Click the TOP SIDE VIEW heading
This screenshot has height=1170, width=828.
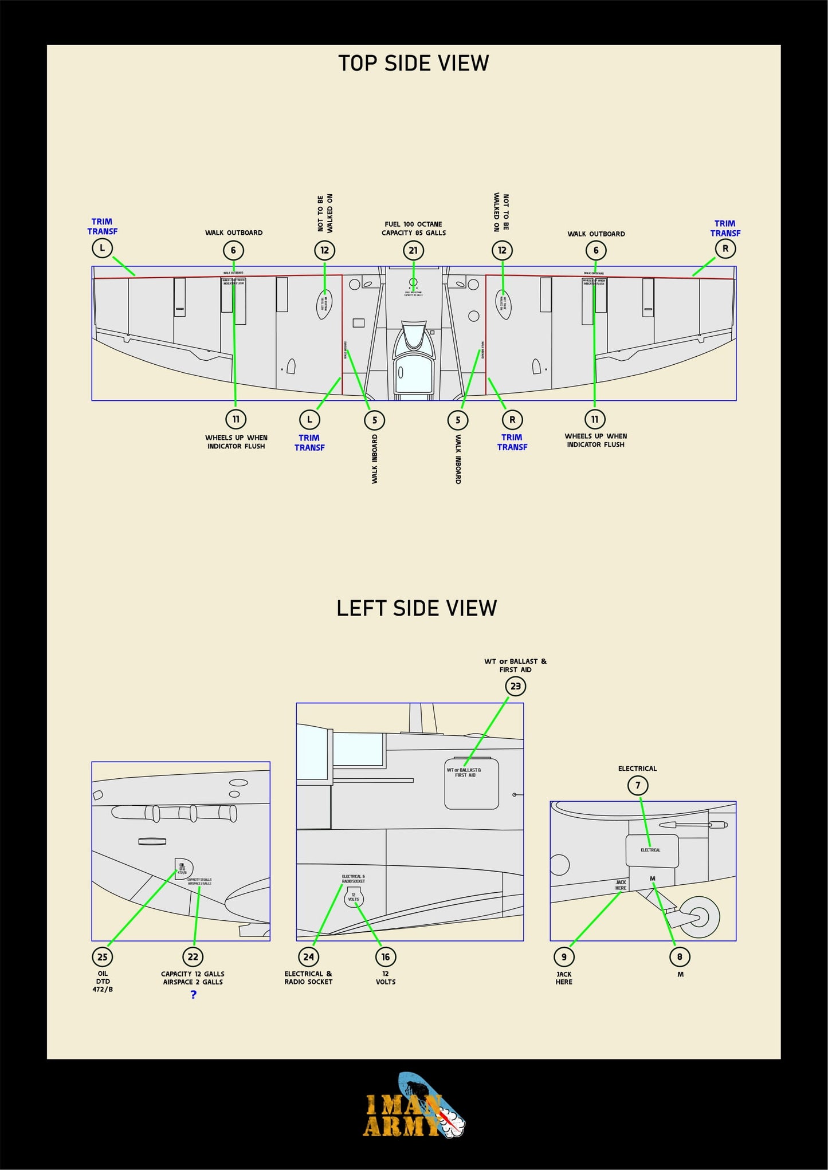(x=413, y=63)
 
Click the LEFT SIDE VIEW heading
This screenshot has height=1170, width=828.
(x=416, y=608)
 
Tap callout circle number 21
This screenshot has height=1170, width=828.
(x=413, y=250)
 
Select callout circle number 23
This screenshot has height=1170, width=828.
(x=515, y=686)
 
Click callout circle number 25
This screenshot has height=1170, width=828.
(x=103, y=957)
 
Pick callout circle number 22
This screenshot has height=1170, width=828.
(x=193, y=957)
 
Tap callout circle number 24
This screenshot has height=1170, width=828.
(x=308, y=957)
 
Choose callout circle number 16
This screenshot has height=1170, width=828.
(x=386, y=957)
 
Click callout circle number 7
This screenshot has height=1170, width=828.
(x=638, y=785)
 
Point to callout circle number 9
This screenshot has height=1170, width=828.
(x=564, y=957)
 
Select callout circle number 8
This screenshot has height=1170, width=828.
(x=680, y=957)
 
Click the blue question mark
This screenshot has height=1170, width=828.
(x=194, y=995)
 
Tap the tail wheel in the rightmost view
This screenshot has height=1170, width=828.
(x=700, y=917)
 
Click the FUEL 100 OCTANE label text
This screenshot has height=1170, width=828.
(x=413, y=224)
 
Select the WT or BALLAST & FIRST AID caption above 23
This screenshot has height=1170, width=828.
(x=515, y=665)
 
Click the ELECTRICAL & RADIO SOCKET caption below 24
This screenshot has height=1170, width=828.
(x=308, y=978)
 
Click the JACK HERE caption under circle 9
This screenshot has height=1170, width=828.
(x=564, y=978)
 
